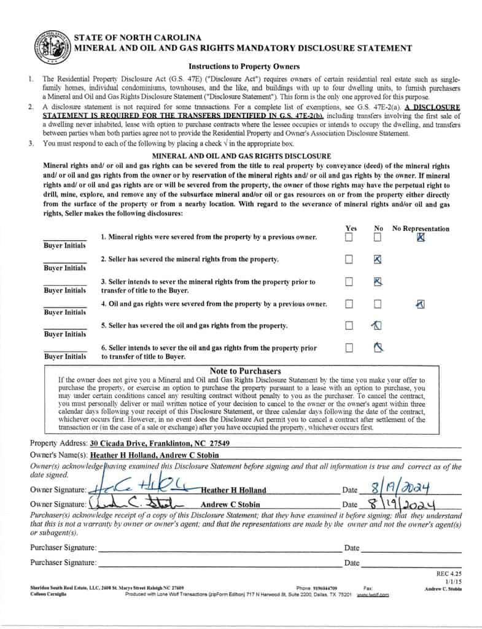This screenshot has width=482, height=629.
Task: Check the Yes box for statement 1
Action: (x=349, y=237)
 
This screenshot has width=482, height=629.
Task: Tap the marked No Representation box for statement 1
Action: (x=421, y=237)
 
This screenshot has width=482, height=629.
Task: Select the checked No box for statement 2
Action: (x=378, y=259)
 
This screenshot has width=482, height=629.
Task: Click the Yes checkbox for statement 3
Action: (x=349, y=282)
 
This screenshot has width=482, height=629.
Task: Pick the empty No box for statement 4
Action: (x=378, y=304)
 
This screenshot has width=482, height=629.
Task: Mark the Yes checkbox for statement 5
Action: (x=349, y=326)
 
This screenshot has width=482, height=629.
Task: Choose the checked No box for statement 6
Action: (x=378, y=348)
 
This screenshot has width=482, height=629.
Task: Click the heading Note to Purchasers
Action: (x=245, y=371)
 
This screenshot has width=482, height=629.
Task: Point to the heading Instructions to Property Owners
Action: (x=244, y=66)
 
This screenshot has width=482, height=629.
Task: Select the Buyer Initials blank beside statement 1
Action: (x=64, y=237)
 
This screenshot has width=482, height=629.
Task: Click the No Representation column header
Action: (x=421, y=229)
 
